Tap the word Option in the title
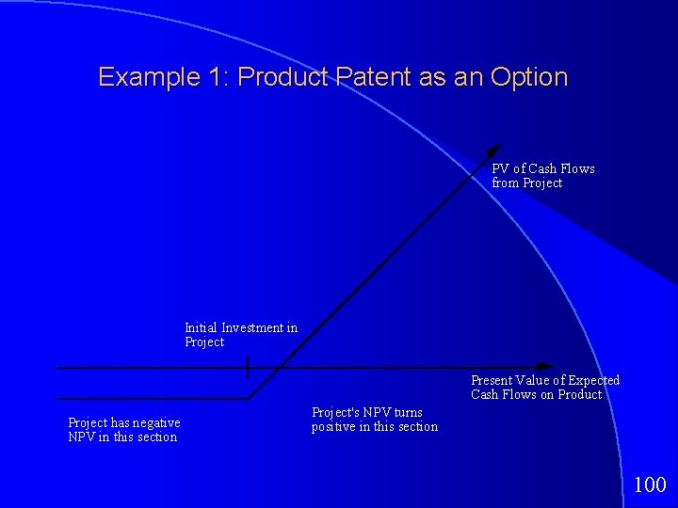click(x=529, y=77)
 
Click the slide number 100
click(x=650, y=485)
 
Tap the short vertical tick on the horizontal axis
click(x=248, y=367)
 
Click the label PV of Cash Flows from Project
click(x=542, y=176)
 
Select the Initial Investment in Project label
click(x=240, y=335)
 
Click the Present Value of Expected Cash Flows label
click(x=545, y=388)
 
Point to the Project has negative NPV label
click(x=123, y=430)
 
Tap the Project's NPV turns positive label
click(x=374, y=420)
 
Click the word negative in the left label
click(x=157, y=423)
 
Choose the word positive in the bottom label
click(x=332, y=427)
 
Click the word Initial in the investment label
click(x=201, y=328)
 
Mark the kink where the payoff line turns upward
click(x=250, y=398)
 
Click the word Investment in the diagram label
click(x=252, y=328)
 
